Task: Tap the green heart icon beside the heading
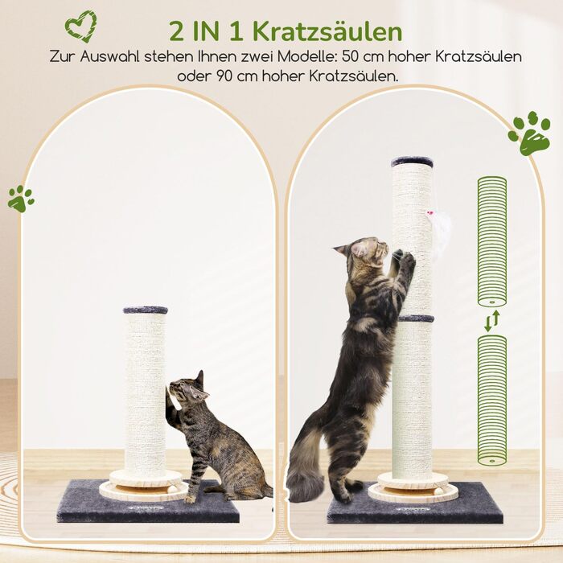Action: tap(80, 26)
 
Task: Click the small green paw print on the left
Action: tap(21, 198)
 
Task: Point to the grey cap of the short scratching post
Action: tap(146, 310)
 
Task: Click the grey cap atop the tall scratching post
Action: tap(412, 162)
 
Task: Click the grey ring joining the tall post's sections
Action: tap(415, 318)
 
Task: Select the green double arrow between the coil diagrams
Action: tap(491, 318)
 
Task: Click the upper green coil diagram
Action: tap(491, 240)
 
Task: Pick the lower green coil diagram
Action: tap(491, 399)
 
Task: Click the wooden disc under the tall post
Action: tap(413, 487)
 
